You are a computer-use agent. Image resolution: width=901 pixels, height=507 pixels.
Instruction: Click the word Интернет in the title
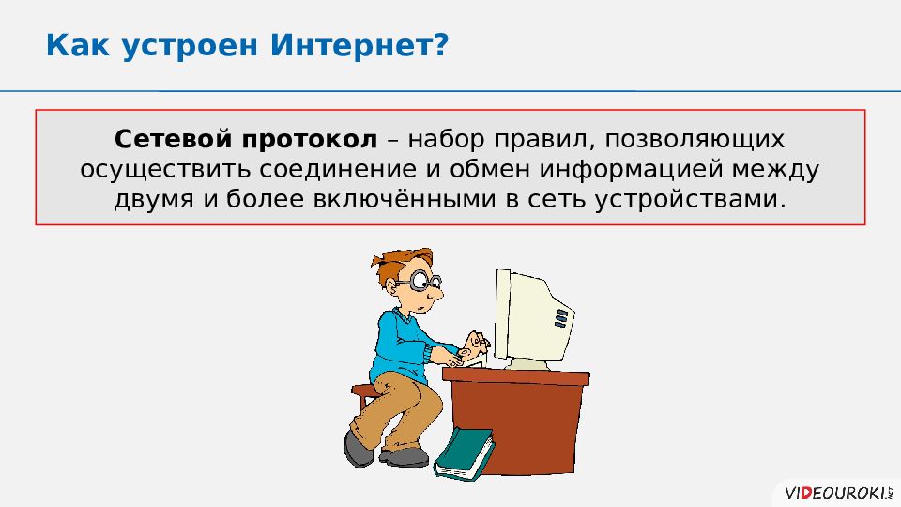coord(351,45)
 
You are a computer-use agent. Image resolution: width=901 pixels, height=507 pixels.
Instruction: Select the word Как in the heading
coord(77,45)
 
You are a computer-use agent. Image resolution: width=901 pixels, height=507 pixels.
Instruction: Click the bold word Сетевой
coord(175,139)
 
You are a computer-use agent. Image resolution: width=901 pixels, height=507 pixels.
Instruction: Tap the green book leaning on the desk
coord(465,453)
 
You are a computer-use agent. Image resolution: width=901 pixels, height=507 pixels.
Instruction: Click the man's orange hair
coord(402,263)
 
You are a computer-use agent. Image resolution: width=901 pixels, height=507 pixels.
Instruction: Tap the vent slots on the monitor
coord(561,318)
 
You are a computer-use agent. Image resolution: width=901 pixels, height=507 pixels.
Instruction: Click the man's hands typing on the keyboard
coord(470,349)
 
